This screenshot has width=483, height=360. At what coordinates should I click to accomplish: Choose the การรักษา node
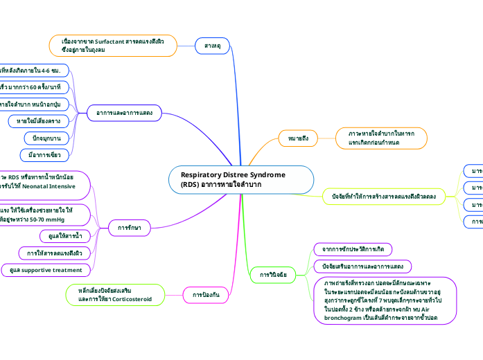point(130,226)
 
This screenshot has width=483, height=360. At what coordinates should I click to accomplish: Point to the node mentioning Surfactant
point(112,46)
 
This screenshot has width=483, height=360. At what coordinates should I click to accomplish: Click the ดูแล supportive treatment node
point(46,269)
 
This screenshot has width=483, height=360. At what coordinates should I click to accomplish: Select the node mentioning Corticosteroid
point(116,294)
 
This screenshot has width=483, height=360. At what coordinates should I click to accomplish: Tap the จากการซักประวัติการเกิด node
point(353,248)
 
